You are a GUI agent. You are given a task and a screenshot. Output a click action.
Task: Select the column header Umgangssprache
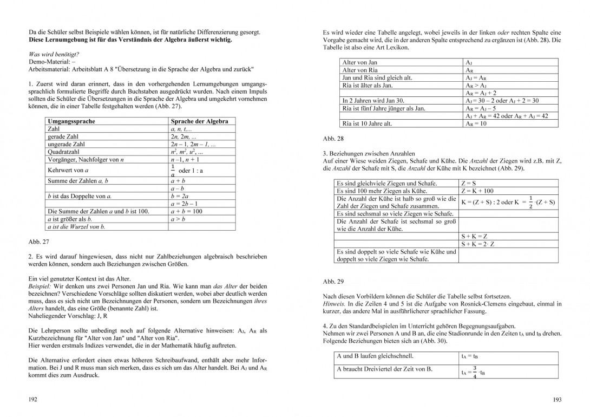pos(71,121)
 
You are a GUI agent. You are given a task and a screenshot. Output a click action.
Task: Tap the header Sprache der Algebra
pos(199,121)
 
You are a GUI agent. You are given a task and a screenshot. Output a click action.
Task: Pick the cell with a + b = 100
pos(186,211)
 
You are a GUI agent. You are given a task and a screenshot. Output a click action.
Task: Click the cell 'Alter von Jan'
pos(360,63)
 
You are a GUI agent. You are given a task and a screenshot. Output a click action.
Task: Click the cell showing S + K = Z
pos(474,237)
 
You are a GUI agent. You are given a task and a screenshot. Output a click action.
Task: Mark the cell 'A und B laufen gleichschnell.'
pos(375,356)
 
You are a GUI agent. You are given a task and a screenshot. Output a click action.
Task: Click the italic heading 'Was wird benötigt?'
pos(54,54)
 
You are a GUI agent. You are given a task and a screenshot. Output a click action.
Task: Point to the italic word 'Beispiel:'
pos(42,285)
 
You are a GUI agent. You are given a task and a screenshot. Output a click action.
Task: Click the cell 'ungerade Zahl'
pos(67,145)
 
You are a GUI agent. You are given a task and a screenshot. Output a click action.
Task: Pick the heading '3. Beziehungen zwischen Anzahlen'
pos(368,154)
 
